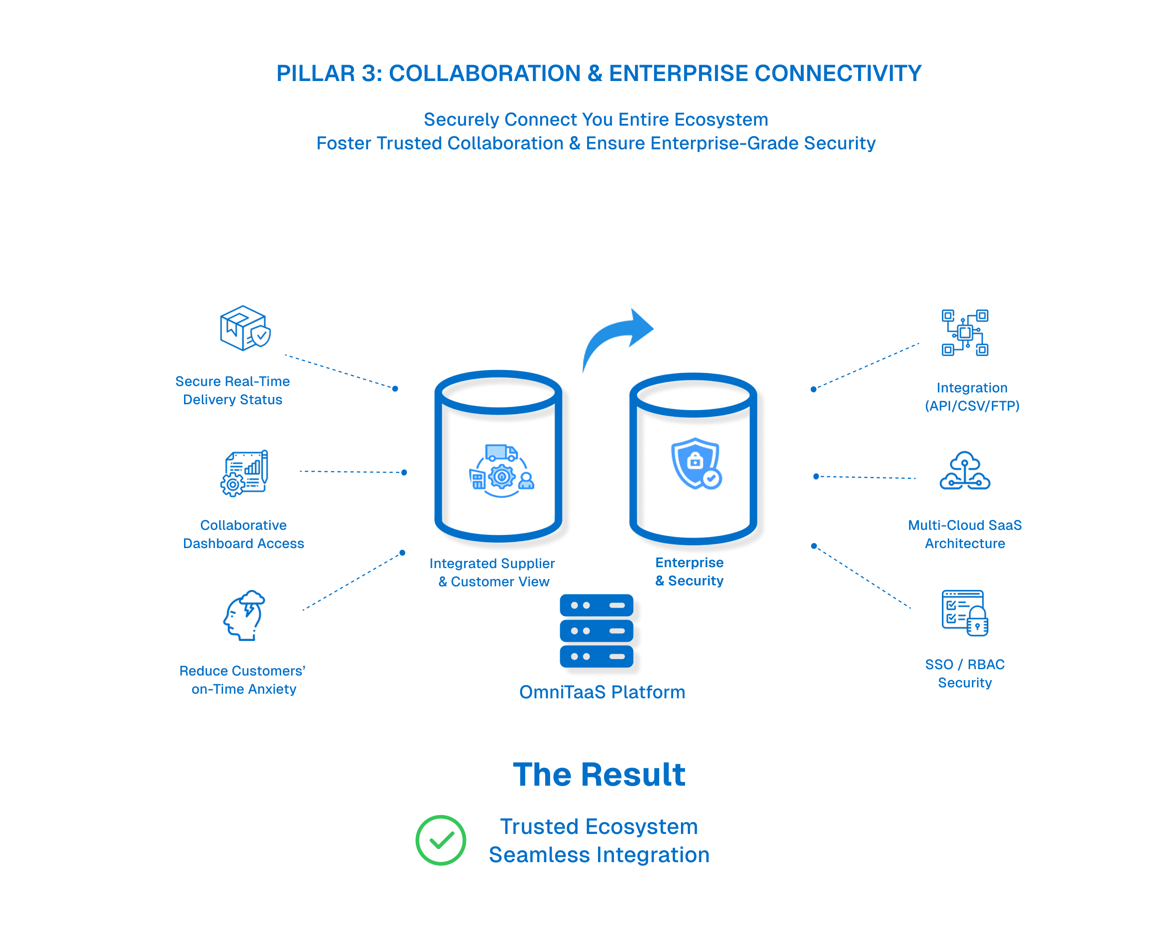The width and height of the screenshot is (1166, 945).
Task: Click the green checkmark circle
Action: point(440,839)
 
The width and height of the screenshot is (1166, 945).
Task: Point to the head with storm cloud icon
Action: point(244,615)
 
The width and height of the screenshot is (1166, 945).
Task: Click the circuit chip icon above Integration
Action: point(965,333)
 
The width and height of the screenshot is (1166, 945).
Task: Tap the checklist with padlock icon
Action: point(965,613)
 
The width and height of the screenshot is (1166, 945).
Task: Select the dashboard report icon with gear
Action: point(245,472)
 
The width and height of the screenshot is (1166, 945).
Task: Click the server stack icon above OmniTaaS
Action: point(596,630)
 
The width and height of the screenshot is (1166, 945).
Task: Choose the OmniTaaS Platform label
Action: point(602,692)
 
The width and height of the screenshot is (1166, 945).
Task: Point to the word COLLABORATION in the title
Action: point(485,73)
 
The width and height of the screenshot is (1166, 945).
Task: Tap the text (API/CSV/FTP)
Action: point(972,406)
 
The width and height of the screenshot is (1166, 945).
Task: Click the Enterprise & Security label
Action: point(689,572)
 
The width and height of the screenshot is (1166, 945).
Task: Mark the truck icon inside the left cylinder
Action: point(501,453)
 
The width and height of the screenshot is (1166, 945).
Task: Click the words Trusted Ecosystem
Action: point(598,826)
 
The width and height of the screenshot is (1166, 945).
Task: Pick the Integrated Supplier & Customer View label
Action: point(492,572)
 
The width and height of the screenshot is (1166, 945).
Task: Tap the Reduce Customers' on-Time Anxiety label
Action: point(243,680)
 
